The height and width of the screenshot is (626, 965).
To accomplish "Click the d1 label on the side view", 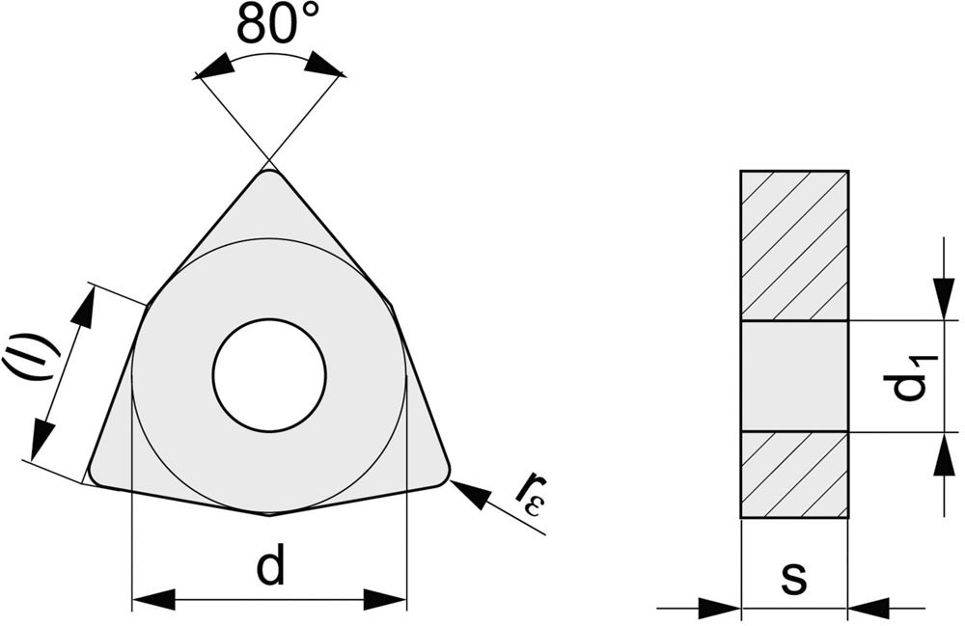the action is [917, 377].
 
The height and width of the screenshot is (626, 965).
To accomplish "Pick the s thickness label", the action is [794, 578].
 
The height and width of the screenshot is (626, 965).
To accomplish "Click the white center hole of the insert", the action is [269, 375].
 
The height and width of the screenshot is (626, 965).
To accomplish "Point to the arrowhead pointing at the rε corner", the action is [472, 495].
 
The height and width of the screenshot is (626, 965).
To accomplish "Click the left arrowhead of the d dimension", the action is [154, 600].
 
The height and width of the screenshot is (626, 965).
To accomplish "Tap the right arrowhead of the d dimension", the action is [385, 600].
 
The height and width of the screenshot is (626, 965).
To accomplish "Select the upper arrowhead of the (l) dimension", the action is [84, 306].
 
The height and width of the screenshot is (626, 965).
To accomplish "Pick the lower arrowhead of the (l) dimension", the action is [41, 439].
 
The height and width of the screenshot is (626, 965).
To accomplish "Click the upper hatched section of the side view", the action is [794, 245].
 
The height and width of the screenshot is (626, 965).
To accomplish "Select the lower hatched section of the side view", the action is [794, 475].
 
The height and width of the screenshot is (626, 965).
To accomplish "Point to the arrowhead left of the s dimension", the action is [720, 609].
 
